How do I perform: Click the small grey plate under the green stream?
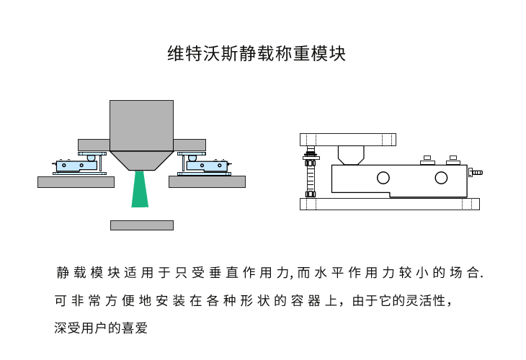[141, 225]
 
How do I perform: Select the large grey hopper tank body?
[141, 127]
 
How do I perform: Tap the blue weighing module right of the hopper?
[208, 166]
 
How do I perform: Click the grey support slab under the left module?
[76, 182]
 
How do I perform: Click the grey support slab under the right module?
[207, 182]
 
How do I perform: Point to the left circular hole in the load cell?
[383, 178]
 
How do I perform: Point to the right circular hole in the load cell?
[441, 178]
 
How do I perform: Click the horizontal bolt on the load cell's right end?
[476, 173]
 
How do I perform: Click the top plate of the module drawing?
[349, 139]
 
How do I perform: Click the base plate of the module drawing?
[389, 204]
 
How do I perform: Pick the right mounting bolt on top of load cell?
[453, 159]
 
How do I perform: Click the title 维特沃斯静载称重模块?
[257, 54]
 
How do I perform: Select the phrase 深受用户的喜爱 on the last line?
[101, 328]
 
